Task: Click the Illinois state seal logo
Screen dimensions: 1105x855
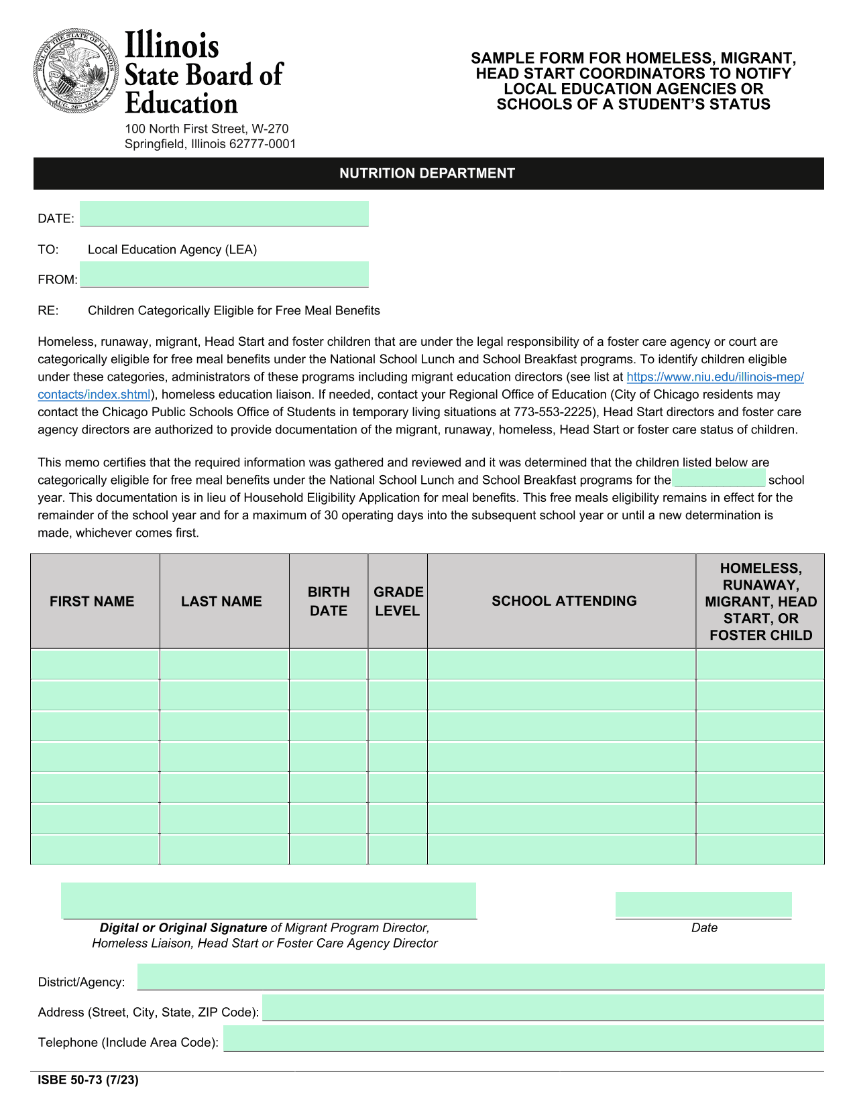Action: click(x=74, y=71)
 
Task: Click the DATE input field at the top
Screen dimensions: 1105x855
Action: click(x=224, y=214)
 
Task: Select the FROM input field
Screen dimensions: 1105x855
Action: click(x=224, y=274)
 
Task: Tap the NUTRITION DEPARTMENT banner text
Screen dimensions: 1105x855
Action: click(x=427, y=174)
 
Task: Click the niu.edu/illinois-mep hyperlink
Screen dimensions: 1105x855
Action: click(x=715, y=377)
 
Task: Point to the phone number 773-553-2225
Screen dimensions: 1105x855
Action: click(x=554, y=412)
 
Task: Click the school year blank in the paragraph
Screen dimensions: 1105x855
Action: click(x=718, y=478)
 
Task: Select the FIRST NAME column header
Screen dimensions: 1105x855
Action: click(x=92, y=601)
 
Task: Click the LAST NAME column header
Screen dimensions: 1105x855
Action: click(x=221, y=601)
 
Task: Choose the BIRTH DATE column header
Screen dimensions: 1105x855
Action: click(x=329, y=601)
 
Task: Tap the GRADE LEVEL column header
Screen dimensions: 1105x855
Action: click(x=398, y=601)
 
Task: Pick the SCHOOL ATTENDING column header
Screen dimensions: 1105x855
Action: click(x=564, y=601)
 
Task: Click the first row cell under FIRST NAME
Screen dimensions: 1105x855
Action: click(x=95, y=664)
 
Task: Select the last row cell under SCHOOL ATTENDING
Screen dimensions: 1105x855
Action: click(x=561, y=850)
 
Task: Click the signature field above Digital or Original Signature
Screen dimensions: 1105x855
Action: click(x=268, y=901)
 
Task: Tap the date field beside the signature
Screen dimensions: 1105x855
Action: click(x=703, y=905)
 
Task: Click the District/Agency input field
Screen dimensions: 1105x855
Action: click(x=480, y=976)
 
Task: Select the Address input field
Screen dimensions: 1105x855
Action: click(x=543, y=1007)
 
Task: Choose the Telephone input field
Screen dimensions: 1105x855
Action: click(x=523, y=1038)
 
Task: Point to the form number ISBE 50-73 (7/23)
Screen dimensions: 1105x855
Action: click(x=88, y=1080)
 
